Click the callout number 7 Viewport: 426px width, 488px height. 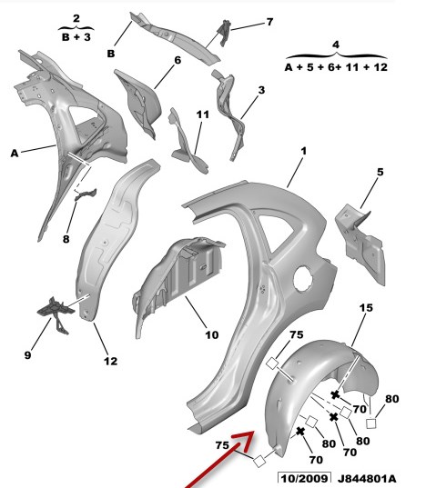coord(269,22)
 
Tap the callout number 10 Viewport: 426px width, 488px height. coord(212,335)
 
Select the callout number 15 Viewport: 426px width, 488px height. coord(366,308)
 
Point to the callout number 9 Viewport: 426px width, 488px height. coord(27,355)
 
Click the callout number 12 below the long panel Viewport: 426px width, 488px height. coord(111,361)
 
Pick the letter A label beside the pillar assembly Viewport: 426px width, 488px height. coord(15,153)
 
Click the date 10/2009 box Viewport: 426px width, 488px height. coord(304,478)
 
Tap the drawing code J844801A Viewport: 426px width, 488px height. coord(367,478)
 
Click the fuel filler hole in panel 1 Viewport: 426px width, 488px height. coord(303,279)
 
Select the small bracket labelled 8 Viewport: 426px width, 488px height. coord(85,194)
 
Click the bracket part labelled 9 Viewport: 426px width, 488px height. coord(56,314)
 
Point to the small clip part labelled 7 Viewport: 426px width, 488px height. coord(225,33)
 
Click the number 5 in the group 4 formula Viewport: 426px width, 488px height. coord(309,67)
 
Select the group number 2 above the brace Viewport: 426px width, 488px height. coord(76,19)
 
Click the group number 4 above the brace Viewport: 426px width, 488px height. coord(336,45)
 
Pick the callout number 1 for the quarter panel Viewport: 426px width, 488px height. coord(303,152)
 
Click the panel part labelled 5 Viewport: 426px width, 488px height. coord(360,244)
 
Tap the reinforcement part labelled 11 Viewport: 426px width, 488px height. coord(187,142)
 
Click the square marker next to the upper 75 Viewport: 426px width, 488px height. coord(272,363)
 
